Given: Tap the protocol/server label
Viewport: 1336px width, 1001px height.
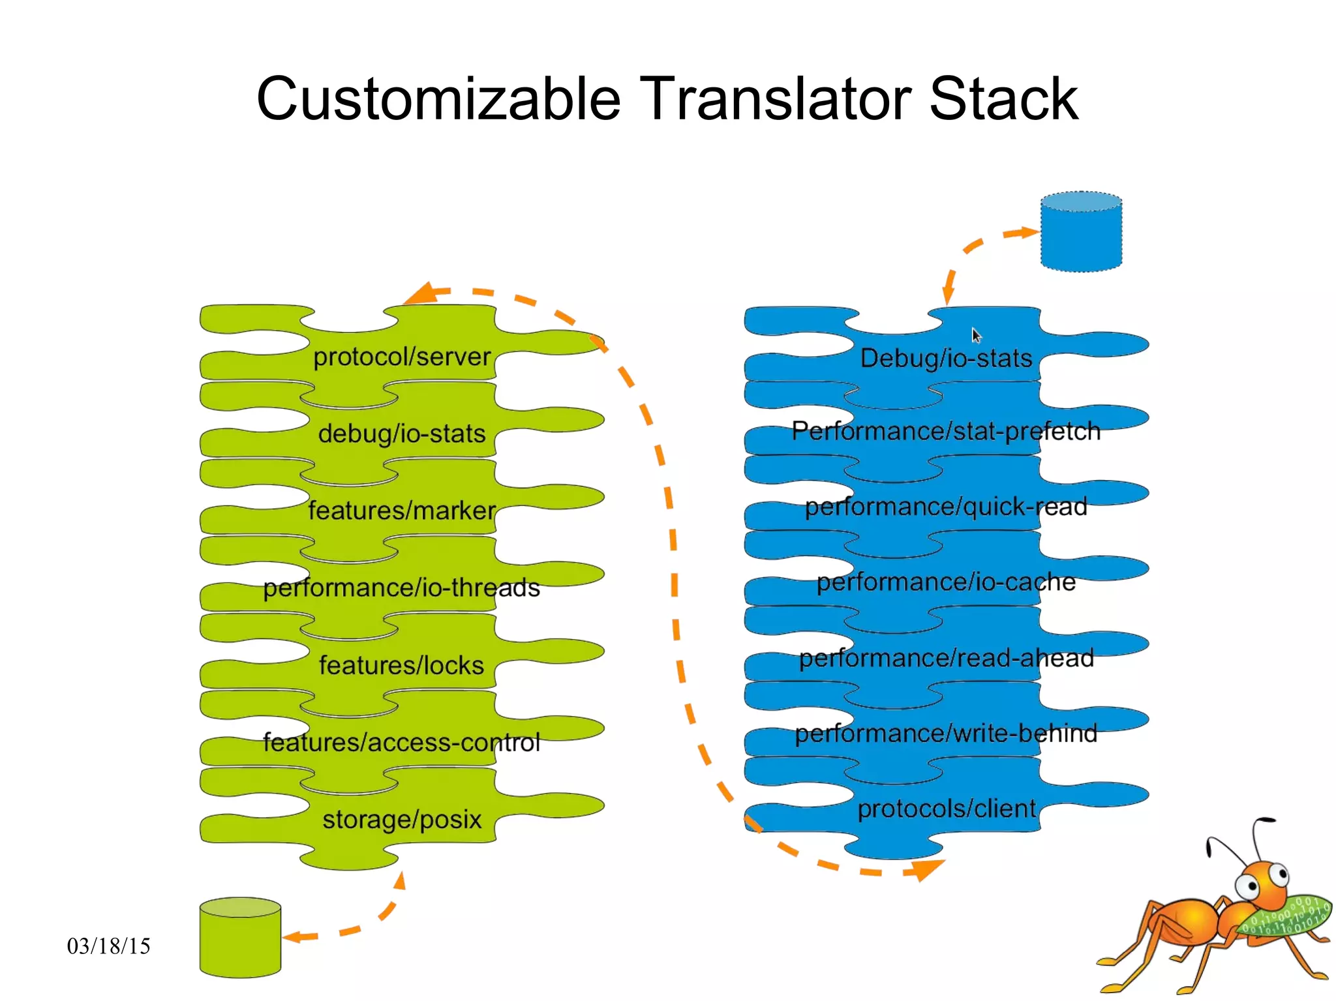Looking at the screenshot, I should [x=401, y=357].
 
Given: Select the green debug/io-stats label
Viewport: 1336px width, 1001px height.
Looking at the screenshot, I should [x=401, y=434].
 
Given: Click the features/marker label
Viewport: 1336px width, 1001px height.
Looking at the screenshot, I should [x=401, y=511].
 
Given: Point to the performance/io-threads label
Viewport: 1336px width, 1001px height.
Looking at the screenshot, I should [x=401, y=588].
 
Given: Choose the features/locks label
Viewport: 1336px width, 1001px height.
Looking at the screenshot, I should [x=401, y=665].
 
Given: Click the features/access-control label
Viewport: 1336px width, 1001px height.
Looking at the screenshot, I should [x=401, y=742].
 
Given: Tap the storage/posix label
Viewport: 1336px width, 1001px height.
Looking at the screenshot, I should [x=401, y=819].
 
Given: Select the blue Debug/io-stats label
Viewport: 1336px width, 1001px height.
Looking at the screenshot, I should [x=946, y=358].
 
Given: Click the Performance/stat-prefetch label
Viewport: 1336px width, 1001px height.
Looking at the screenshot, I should [x=946, y=431].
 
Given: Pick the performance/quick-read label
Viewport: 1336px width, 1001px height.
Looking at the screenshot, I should [x=946, y=507].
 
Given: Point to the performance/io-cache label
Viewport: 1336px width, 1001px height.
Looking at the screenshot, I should [x=946, y=582].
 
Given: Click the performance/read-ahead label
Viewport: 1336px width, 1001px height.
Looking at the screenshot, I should [x=946, y=658].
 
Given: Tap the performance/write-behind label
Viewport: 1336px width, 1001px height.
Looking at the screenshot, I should [x=946, y=734].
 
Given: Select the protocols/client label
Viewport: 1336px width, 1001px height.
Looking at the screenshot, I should [x=946, y=809].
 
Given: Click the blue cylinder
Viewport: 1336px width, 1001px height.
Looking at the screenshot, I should [x=1081, y=233].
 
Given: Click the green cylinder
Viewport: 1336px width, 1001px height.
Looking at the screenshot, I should [x=240, y=939].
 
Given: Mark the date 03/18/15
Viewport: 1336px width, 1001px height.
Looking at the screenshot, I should [x=108, y=946].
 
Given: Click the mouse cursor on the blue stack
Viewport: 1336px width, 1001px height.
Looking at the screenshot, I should [x=976, y=335].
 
